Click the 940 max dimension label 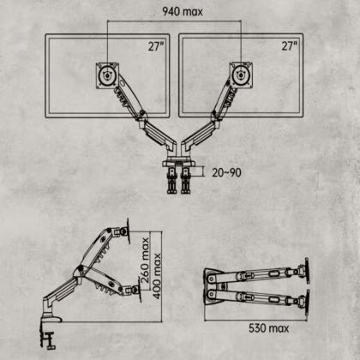tap(183, 12)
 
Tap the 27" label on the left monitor tap(155, 46)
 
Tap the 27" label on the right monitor tap(289, 45)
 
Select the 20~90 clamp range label tap(226, 172)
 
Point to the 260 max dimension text tap(145, 260)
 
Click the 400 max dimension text tap(157, 276)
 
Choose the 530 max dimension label tap(268, 328)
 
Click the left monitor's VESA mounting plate tap(107, 75)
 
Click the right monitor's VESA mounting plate tap(241, 75)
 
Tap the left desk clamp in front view tap(171, 181)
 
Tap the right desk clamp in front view tap(186, 181)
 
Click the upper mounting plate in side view tap(128, 231)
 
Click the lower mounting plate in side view tap(140, 290)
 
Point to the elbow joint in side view tap(80, 270)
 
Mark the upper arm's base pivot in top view tap(212, 279)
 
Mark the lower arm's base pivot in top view tap(212, 293)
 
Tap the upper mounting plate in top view tap(307, 271)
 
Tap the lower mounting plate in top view tap(308, 303)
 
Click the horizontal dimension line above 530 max tap(255, 321)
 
